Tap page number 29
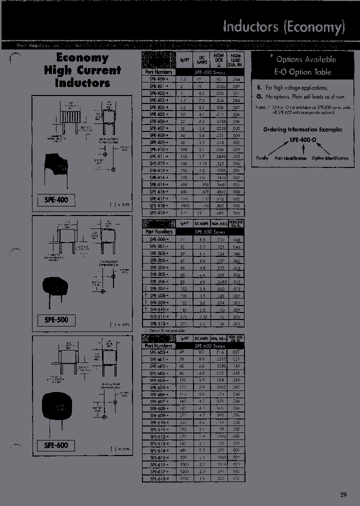point(343,495)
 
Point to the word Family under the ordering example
point(262,158)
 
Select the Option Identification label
point(330,158)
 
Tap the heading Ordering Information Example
point(303,129)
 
